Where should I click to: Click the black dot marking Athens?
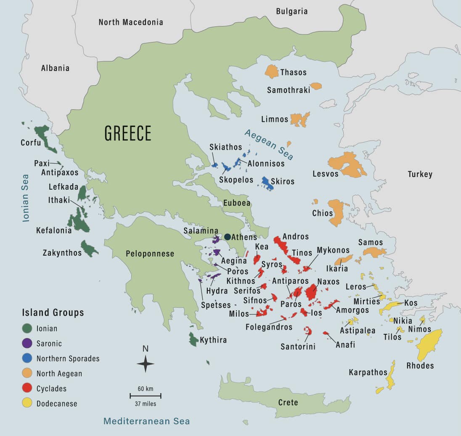(x=228, y=237)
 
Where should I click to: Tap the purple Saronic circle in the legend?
(x=28, y=344)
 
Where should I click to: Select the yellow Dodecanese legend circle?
(x=28, y=404)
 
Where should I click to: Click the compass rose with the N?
(x=146, y=363)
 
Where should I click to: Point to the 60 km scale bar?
(x=146, y=396)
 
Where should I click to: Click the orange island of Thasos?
(x=272, y=71)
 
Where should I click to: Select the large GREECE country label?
(x=128, y=134)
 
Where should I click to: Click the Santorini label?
(x=298, y=347)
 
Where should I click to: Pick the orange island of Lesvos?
(x=347, y=164)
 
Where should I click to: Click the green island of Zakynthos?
(x=88, y=248)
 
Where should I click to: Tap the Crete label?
(x=288, y=402)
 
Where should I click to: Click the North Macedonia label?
(x=131, y=22)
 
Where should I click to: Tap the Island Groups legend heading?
(x=53, y=313)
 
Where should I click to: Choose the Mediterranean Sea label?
(x=147, y=421)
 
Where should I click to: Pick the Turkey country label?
(x=420, y=174)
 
